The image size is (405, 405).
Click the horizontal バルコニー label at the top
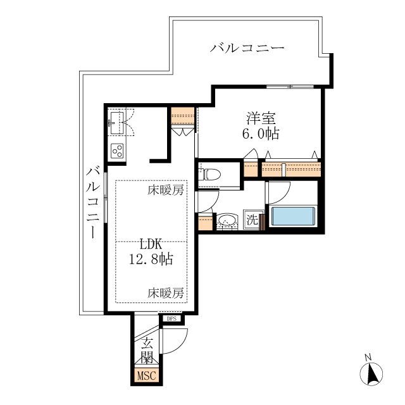247,47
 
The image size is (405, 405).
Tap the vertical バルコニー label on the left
92,202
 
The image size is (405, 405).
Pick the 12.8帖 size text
153,259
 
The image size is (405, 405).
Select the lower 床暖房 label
166,292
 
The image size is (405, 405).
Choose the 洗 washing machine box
252,220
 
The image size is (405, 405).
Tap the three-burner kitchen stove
118,150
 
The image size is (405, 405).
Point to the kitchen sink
116,121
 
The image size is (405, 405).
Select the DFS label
171,319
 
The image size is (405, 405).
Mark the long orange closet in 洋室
292,168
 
